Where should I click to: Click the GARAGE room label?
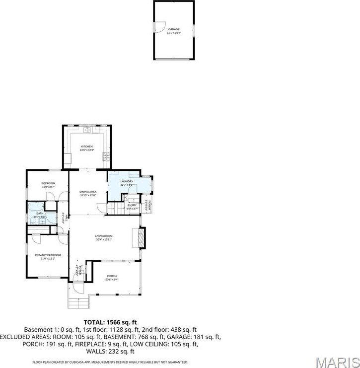point(173,29)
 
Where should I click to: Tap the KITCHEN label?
point(87,147)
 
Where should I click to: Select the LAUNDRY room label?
point(127,182)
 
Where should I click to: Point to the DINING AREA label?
point(88,192)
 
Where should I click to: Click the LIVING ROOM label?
point(104,236)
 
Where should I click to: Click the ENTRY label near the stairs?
point(132,205)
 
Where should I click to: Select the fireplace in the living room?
point(142,238)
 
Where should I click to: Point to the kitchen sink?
point(87,130)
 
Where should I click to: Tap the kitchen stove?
point(106,158)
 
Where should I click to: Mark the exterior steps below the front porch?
point(77,301)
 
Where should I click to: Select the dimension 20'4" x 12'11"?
point(104,239)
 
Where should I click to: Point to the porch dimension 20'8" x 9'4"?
point(112,280)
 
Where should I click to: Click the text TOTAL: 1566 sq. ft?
point(110,321)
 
